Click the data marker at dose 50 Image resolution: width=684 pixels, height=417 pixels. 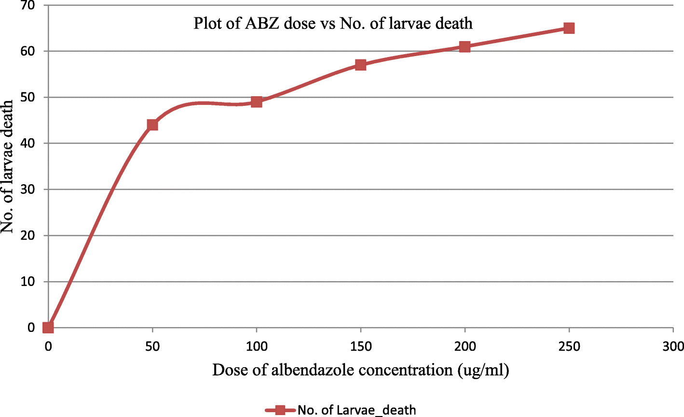click(x=152, y=125)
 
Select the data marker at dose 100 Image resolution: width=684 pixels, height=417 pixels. click(x=257, y=102)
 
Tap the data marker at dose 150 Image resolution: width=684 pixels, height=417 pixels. click(x=361, y=65)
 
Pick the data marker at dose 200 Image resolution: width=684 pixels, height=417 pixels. click(x=465, y=46)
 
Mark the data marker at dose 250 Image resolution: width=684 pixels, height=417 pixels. click(x=569, y=28)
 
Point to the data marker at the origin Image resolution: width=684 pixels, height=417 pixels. click(x=48, y=328)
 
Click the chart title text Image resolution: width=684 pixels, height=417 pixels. click(x=333, y=23)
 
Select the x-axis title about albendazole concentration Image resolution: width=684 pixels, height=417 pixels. click(x=361, y=370)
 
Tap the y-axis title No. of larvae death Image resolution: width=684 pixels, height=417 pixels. click(x=8, y=167)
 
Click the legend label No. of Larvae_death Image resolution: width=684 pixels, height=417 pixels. click(x=356, y=410)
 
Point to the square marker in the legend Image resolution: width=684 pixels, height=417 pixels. click(x=280, y=410)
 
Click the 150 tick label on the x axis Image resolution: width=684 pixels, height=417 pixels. click(x=361, y=346)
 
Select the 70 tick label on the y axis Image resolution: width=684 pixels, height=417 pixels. click(x=28, y=5)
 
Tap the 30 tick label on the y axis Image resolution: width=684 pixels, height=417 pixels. click(x=28, y=189)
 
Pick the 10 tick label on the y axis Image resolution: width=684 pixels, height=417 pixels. click(x=28, y=282)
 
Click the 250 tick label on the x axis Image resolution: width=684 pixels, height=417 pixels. click(x=569, y=346)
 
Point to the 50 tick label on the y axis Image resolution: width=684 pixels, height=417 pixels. click(x=28, y=97)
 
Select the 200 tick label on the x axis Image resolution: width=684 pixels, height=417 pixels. click(x=465, y=346)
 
